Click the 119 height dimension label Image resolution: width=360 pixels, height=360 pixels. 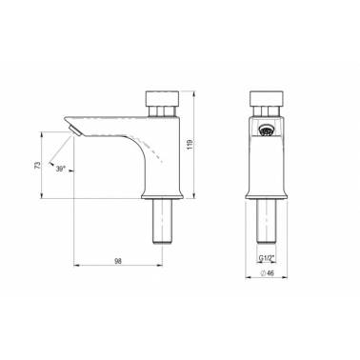[190, 145]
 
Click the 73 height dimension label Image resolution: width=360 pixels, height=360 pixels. [38, 165]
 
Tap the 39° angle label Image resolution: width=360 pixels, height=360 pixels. [60, 169]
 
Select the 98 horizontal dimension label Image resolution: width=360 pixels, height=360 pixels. [118, 261]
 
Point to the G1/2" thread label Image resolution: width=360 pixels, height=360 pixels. [266, 258]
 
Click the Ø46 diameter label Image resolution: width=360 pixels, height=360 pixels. [267, 273]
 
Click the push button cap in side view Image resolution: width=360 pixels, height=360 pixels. [162, 98]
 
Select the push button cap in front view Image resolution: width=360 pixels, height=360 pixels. [266, 98]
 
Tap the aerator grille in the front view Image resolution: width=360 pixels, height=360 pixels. [265, 130]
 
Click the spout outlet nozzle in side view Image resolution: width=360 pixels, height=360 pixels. [75, 130]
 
